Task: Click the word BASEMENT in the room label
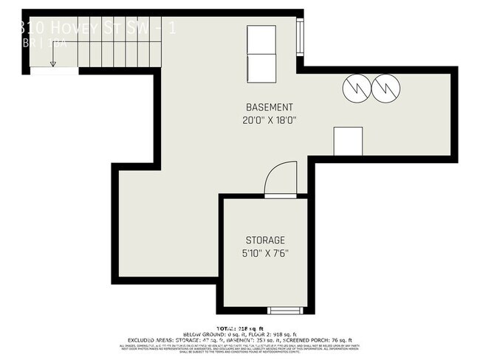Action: coord(263,107)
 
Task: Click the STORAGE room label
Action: coord(265,240)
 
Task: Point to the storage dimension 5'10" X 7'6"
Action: coord(265,254)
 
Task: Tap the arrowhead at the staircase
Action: coord(53,64)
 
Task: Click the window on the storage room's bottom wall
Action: coord(284,310)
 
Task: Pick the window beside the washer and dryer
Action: coord(300,38)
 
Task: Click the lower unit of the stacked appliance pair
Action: coord(261,69)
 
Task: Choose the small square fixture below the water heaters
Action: coord(348,141)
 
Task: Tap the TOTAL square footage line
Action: coord(239,327)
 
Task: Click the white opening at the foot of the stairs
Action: coord(53,72)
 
